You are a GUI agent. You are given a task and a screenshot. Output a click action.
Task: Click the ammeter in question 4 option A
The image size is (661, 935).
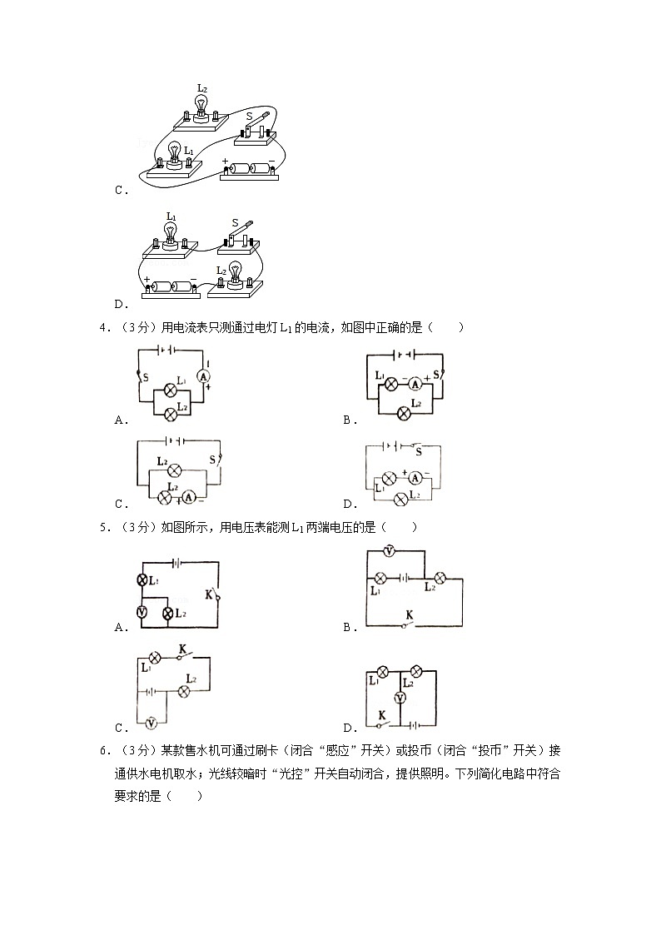click(x=201, y=376)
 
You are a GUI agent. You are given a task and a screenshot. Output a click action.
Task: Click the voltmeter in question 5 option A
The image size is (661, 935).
click(x=142, y=613)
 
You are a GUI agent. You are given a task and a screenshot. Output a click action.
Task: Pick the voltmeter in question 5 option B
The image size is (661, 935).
click(x=389, y=551)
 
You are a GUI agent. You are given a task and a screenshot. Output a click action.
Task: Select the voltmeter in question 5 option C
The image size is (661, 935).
click(x=151, y=723)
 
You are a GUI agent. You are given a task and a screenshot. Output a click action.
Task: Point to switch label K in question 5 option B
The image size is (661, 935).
click(x=409, y=615)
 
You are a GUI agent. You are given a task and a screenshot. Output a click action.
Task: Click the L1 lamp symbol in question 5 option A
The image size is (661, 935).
click(x=142, y=579)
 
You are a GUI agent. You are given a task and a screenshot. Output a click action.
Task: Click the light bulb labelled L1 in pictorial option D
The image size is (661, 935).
click(x=171, y=234)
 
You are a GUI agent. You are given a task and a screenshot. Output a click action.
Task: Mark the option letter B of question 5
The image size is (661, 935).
click(x=347, y=628)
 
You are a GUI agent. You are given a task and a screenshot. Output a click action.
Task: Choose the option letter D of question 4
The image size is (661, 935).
click(x=347, y=504)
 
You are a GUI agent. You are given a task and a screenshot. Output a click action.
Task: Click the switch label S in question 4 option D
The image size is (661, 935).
click(x=418, y=452)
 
